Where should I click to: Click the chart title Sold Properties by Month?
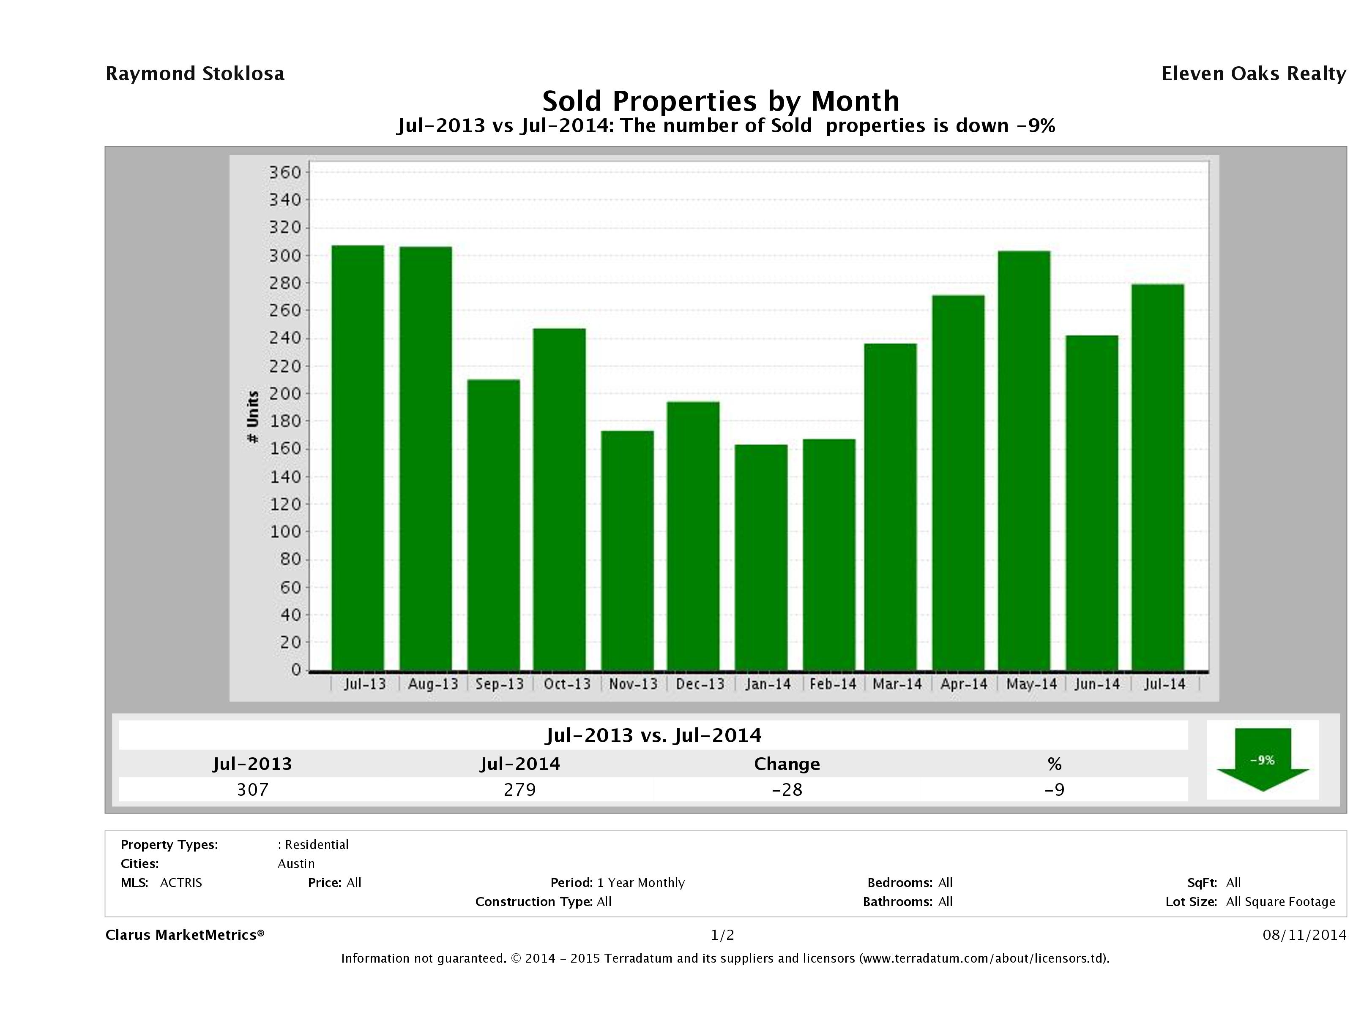click(x=720, y=101)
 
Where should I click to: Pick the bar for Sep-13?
click(x=493, y=525)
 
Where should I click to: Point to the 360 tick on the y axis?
click(x=285, y=172)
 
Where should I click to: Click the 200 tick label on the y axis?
click(x=285, y=393)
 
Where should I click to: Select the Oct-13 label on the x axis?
click(x=567, y=684)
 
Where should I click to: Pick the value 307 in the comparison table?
click(x=253, y=789)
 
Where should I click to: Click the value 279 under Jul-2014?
click(x=520, y=789)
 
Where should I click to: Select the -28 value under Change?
click(x=787, y=789)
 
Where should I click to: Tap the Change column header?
click(x=787, y=764)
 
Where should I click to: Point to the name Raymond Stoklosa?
click(x=195, y=74)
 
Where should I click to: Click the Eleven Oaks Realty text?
click(x=1253, y=74)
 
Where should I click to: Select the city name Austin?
click(x=296, y=864)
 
